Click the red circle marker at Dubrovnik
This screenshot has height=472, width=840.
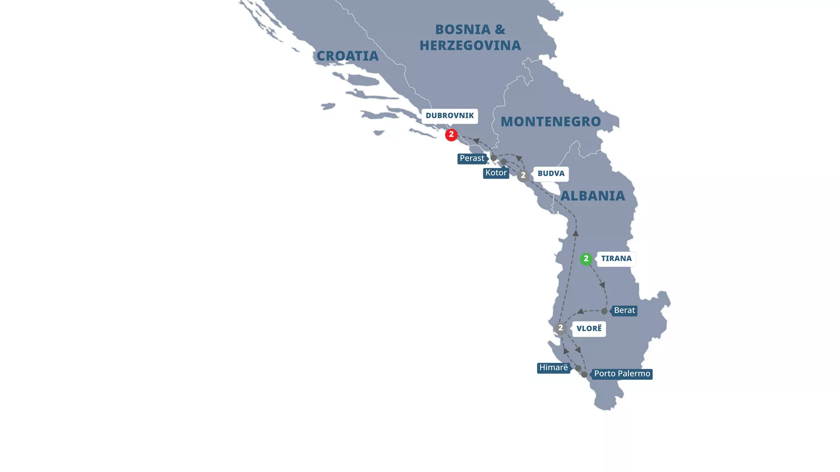coord(451,135)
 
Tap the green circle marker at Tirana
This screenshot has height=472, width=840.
coord(586,259)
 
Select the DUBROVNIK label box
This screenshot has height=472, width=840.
coord(449,116)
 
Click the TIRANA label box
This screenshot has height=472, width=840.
coord(616,259)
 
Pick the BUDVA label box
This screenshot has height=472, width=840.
coord(551,174)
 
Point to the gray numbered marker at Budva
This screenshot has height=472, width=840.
coord(523,176)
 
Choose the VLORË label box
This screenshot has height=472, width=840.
coord(589,328)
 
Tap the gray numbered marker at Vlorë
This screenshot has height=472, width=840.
coord(560,328)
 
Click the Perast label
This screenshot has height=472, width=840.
coord(472,159)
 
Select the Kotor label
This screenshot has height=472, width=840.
coord(496,173)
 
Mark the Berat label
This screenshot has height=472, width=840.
coord(624,311)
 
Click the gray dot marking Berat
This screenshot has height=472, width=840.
coord(604,311)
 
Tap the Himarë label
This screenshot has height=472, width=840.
coord(553,368)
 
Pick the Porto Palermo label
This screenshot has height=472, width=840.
coord(622,374)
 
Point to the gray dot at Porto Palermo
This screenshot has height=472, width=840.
coord(584,374)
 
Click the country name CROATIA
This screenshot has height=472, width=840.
coord(347,56)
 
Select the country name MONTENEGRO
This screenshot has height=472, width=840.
coord(550,122)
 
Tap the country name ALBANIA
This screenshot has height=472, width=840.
coord(592,196)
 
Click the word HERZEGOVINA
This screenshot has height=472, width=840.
coord(470,46)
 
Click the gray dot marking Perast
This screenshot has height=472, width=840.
coord(494,158)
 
